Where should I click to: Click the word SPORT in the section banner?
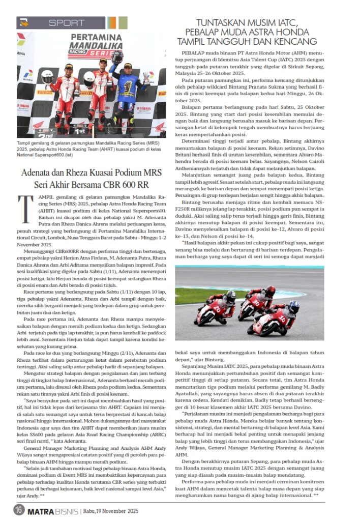click(x=66, y=23)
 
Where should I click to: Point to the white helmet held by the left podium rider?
click(x=47, y=77)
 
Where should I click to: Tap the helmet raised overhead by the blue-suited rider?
click(x=117, y=56)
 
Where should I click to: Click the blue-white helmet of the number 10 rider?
click(x=293, y=307)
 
